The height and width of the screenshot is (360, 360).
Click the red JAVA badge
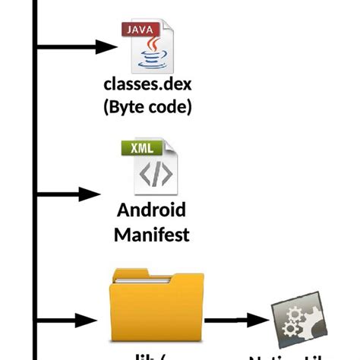[143, 30]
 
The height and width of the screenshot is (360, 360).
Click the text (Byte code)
[147, 107]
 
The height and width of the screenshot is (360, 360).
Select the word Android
[152, 210]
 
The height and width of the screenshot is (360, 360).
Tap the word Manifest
[152, 233]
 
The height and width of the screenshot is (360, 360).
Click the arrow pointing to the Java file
[76, 47]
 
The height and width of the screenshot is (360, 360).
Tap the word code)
[170, 107]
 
